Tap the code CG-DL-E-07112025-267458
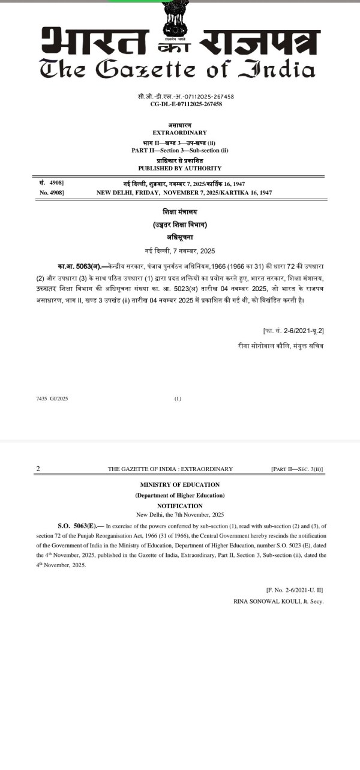pos(186,104)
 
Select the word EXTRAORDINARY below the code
pos(180,133)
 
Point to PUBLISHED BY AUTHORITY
pos(180,168)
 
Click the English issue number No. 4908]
pos(52,193)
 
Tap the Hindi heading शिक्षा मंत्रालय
pos(180,212)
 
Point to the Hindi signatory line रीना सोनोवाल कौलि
pos(280,346)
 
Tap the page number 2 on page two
pos(38,469)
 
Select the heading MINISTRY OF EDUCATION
pos(180,484)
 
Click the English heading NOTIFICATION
pos(180,506)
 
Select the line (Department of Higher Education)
pos(180,495)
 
